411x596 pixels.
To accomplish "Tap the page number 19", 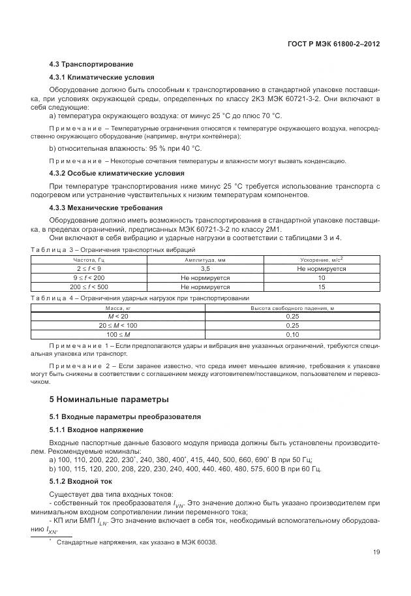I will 376,553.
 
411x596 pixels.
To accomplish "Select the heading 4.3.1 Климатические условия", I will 92,77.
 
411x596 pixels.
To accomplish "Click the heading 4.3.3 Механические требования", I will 96,208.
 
